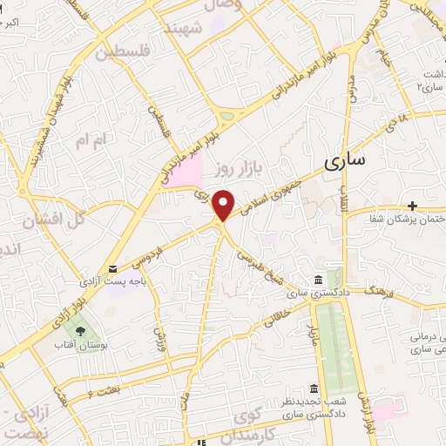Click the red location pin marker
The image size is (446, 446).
pos(224,204)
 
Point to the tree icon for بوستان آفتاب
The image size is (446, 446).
pos(80,332)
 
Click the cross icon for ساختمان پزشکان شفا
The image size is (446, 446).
pos(412,206)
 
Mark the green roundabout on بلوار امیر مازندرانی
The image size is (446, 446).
pos(229,115)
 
